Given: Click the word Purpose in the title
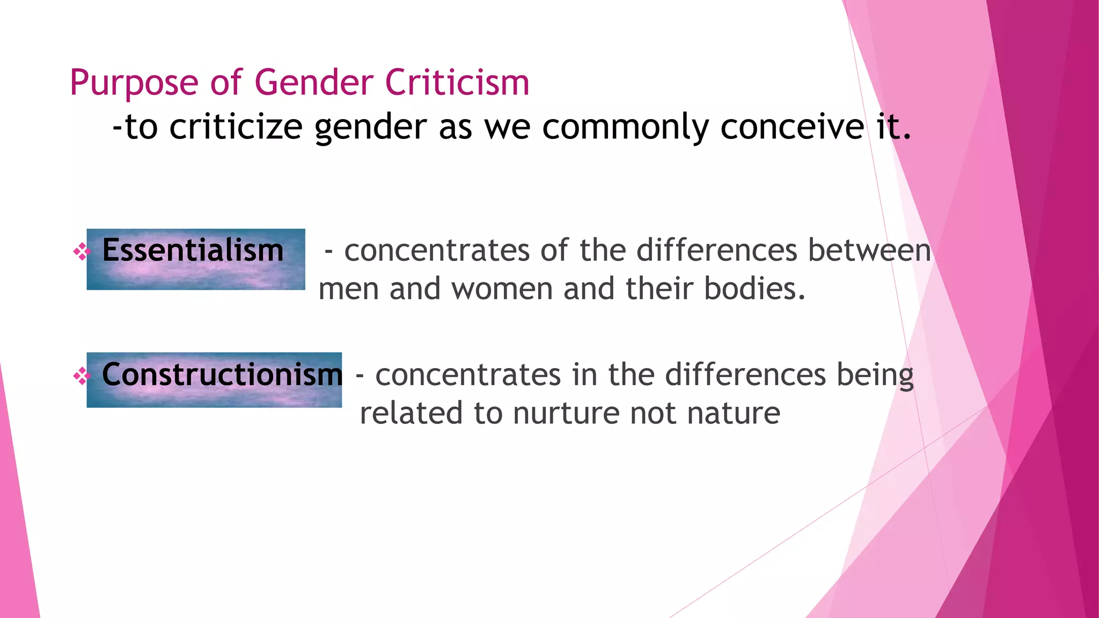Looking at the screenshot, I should tap(134, 83).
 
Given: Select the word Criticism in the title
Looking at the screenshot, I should tap(457, 83).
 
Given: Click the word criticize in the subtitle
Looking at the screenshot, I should tap(236, 127).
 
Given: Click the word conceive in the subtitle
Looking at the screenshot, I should tap(792, 127).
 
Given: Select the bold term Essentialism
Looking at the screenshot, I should tap(193, 251).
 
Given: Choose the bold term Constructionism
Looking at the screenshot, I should tap(222, 374).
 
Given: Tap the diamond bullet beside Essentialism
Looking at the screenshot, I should tap(82, 252).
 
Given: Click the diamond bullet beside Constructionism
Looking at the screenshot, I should tap(82, 376).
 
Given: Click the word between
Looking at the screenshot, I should tap(869, 251).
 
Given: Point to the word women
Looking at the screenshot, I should tap(502, 289).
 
